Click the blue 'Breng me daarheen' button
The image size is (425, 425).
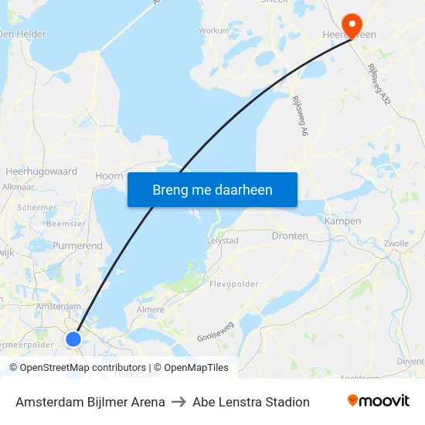click(x=212, y=189)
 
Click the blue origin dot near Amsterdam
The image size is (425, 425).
click(x=73, y=338)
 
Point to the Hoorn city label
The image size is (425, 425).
click(x=109, y=175)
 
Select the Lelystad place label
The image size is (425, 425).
click(x=223, y=240)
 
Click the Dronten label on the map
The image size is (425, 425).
click(x=290, y=236)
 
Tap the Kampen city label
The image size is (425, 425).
click(x=342, y=221)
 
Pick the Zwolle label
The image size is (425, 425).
click(x=396, y=243)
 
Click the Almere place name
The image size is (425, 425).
click(x=150, y=309)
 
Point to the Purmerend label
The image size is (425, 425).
click(x=77, y=246)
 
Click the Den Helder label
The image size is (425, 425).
click(x=23, y=34)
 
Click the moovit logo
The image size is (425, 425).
click(x=378, y=401)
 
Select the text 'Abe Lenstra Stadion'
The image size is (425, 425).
click(x=251, y=402)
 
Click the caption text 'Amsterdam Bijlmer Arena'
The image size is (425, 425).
click(x=90, y=402)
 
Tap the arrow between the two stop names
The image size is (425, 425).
click(x=178, y=402)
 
